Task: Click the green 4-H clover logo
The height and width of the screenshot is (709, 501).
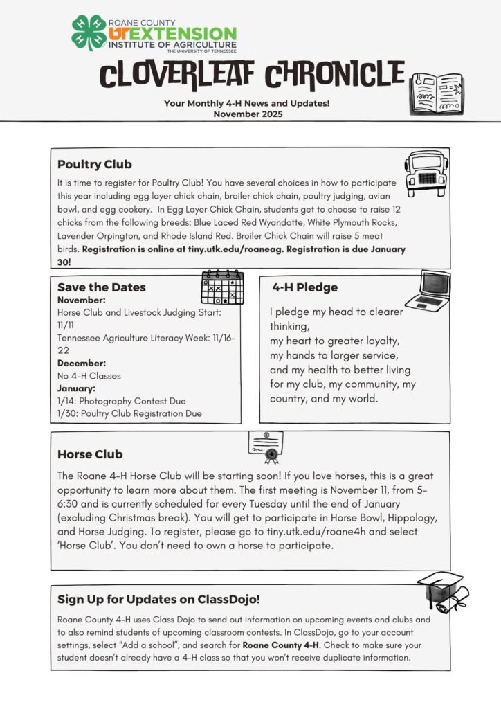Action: click(x=89, y=33)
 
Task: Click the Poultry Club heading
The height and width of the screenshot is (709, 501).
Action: click(x=94, y=165)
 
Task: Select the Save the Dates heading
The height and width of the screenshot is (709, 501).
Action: click(x=102, y=287)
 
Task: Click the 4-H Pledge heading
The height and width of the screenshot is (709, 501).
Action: click(x=304, y=287)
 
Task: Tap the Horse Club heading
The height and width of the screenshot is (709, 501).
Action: click(x=90, y=454)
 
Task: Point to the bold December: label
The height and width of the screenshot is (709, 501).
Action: click(x=82, y=363)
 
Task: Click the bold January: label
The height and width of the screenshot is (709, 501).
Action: click(x=78, y=388)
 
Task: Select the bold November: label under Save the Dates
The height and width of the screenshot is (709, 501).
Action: click(x=82, y=300)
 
